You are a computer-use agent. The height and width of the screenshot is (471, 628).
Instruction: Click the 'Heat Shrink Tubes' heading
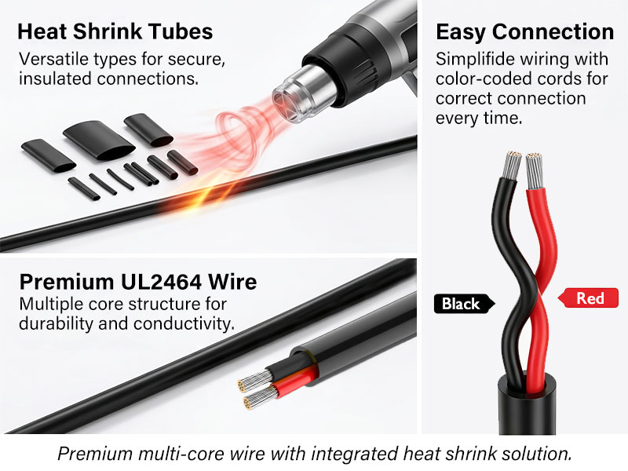pyautogui.click(x=115, y=31)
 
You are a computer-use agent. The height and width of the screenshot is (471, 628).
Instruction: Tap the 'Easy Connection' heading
pyautogui.click(x=524, y=32)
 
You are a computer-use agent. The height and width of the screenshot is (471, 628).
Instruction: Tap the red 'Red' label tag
pyautogui.click(x=588, y=298)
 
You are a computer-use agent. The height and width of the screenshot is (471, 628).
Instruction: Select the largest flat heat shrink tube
pyautogui.click(x=99, y=141)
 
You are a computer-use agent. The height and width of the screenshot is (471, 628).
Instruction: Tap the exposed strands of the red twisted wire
pyautogui.click(x=534, y=170)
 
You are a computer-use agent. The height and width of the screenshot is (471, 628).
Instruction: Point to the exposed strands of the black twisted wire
pyautogui.click(x=512, y=166)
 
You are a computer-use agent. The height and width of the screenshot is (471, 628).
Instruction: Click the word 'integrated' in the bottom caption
pyautogui.click(x=355, y=454)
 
